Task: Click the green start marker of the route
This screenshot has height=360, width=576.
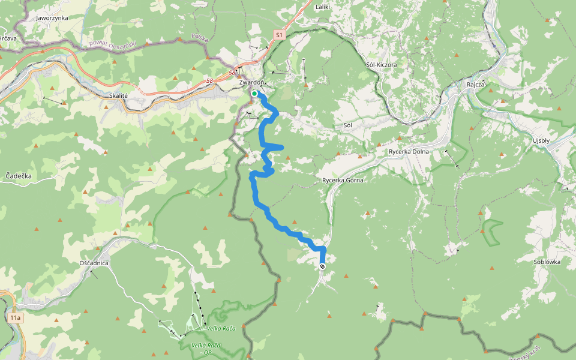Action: (254, 94)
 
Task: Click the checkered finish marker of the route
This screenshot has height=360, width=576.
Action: (323, 266)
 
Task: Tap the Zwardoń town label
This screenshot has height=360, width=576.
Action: (251, 82)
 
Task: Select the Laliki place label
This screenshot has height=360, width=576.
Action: (323, 7)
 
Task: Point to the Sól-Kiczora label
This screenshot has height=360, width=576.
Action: (381, 64)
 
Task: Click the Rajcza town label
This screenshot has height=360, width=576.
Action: (475, 85)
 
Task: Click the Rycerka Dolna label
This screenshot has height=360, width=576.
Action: (409, 151)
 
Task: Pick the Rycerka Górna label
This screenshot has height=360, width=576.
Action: (343, 179)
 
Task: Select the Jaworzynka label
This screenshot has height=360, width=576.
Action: (52, 18)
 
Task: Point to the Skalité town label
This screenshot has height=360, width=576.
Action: (119, 95)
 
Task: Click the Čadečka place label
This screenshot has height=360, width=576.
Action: (18, 176)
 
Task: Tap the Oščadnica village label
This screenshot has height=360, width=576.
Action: (94, 263)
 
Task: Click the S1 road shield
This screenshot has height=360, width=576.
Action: (279, 36)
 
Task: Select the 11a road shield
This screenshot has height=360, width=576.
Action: (16, 317)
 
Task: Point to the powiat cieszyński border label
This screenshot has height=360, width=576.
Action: (112, 43)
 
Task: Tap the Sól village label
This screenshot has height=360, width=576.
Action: (347, 125)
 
